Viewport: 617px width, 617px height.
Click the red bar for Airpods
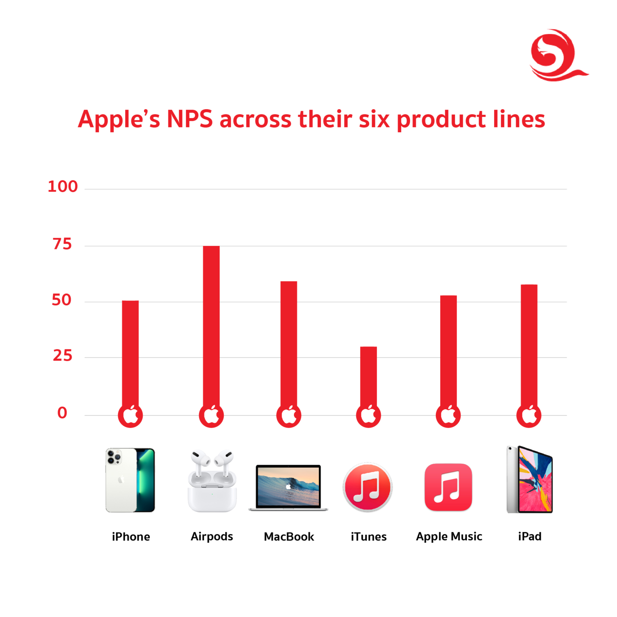[211, 325]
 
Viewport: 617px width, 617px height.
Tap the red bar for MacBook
[289, 341]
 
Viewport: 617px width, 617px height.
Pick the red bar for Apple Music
[448, 349]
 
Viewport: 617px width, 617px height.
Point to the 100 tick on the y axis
[63, 186]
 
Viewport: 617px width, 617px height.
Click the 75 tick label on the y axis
[62, 244]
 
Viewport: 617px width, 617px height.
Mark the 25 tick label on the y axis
[63, 355]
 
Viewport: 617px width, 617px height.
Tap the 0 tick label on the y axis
[62, 413]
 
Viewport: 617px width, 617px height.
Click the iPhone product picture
[130, 480]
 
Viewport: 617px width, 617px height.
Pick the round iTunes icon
[368, 487]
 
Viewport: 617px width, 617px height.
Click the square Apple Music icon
[448, 487]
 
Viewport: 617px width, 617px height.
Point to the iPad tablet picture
[530, 480]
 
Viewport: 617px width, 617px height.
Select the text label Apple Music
[449, 537]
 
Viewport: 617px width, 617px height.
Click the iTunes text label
[368, 537]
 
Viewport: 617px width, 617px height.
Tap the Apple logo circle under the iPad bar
[529, 415]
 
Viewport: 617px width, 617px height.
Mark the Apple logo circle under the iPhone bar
[130, 415]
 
